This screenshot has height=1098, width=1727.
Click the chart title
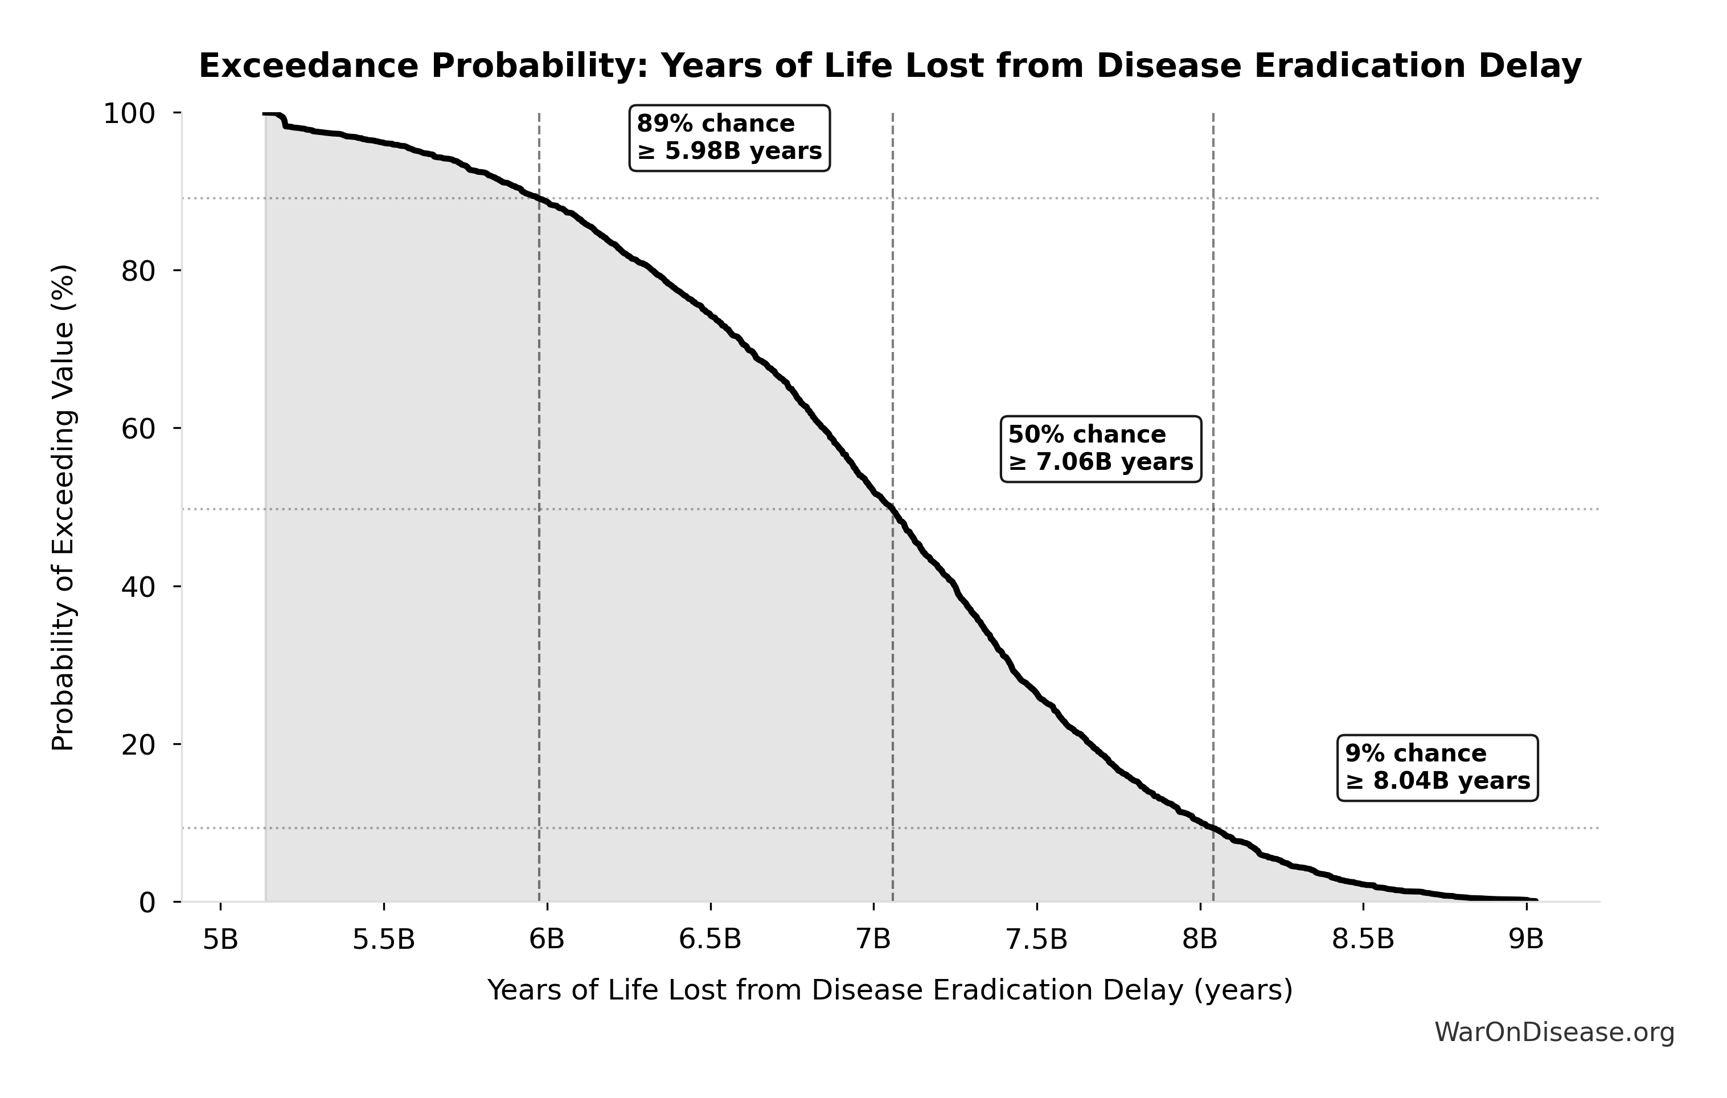pyautogui.click(x=890, y=67)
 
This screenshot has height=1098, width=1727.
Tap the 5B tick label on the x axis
pyautogui.click(x=220, y=940)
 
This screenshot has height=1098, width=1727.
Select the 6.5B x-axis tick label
pyautogui.click(x=710, y=940)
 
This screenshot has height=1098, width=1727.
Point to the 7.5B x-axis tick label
pyautogui.click(x=1036, y=940)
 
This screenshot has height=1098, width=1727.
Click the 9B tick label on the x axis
pyautogui.click(x=1526, y=940)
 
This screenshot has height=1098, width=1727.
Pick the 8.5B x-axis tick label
pyautogui.click(x=1363, y=940)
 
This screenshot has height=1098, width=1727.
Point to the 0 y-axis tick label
pyautogui.click(x=147, y=903)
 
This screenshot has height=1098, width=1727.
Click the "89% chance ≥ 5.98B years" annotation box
pyautogui.click(x=729, y=138)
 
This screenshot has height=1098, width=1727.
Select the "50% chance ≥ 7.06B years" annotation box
pyautogui.click(x=1100, y=448)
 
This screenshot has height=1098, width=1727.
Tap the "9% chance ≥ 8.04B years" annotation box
pyautogui.click(x=1437, y=767)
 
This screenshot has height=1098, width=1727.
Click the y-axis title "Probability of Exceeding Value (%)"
pyautogui.click(x=63, y=508)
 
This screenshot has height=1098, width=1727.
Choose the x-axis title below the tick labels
pyautogui.click(x=890, y=990)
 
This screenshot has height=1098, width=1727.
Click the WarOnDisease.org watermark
pyautogui.click(x=1554, y=1033)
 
